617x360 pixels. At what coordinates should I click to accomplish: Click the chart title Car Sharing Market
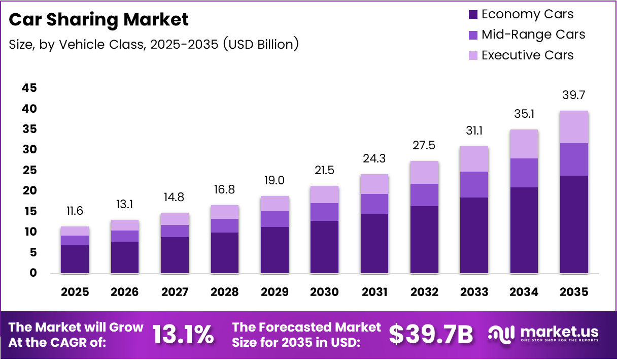[x=99, y=20]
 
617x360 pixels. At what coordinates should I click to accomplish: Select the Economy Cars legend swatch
[x=473, y=14]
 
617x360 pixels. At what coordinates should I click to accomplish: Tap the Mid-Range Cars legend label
[x=533, y=35]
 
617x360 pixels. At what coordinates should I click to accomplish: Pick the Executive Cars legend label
[x=528, y=55]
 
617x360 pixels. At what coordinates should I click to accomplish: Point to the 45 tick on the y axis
[x=29, y=88]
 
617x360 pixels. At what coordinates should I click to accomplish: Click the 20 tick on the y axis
[x=29, y=191]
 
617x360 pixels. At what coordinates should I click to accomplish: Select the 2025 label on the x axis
[x=75, y=292]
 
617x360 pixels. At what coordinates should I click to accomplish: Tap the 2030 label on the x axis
[x=324, y=292]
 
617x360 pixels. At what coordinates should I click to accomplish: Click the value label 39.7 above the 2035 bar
[x=574, y=95]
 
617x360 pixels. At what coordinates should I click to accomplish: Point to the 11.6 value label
[x=75, y=211]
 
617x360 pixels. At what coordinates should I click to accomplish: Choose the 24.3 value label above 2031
[x=374, y=158]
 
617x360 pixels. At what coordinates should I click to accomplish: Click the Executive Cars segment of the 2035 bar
[x=574, y=127]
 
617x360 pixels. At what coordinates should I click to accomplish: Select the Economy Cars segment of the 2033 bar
[x=474, y=235]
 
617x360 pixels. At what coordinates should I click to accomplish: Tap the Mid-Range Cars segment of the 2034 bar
[x=524, y=173]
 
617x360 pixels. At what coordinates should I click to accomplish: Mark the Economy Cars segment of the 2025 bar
[x=75, y=259]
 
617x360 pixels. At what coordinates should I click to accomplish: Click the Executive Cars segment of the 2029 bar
[x=275, y=204]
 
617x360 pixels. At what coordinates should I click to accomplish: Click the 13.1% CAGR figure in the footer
[x=183, y=335]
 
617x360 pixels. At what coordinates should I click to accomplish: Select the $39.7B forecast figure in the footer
[x=431, y=335]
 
